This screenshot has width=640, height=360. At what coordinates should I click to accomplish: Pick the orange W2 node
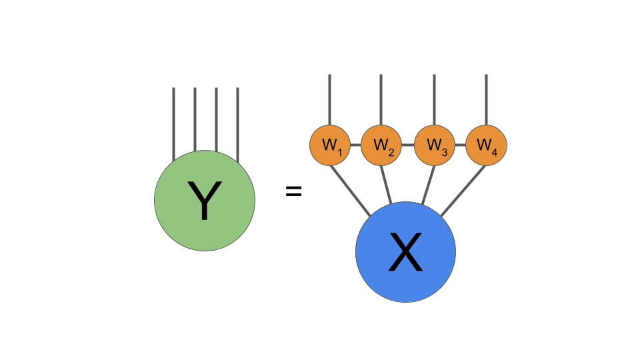pyautogui.click(x=381, y=144)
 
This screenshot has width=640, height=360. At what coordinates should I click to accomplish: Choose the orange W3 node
pyautogui.click(x=435, y=144)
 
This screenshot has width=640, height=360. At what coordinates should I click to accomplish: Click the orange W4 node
pyautogui.click(x=486, y=144)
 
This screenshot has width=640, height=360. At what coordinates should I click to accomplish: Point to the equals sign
pyautogui.click(x=293, y=193)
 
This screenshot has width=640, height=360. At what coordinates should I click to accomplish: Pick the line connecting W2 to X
pyautogui.click(x=387, y=184)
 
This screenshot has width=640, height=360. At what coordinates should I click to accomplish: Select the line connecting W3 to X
pyautogui.click(x=428, y=184)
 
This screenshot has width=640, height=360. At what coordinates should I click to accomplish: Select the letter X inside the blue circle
pyautogui.click(x=405, y=254)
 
